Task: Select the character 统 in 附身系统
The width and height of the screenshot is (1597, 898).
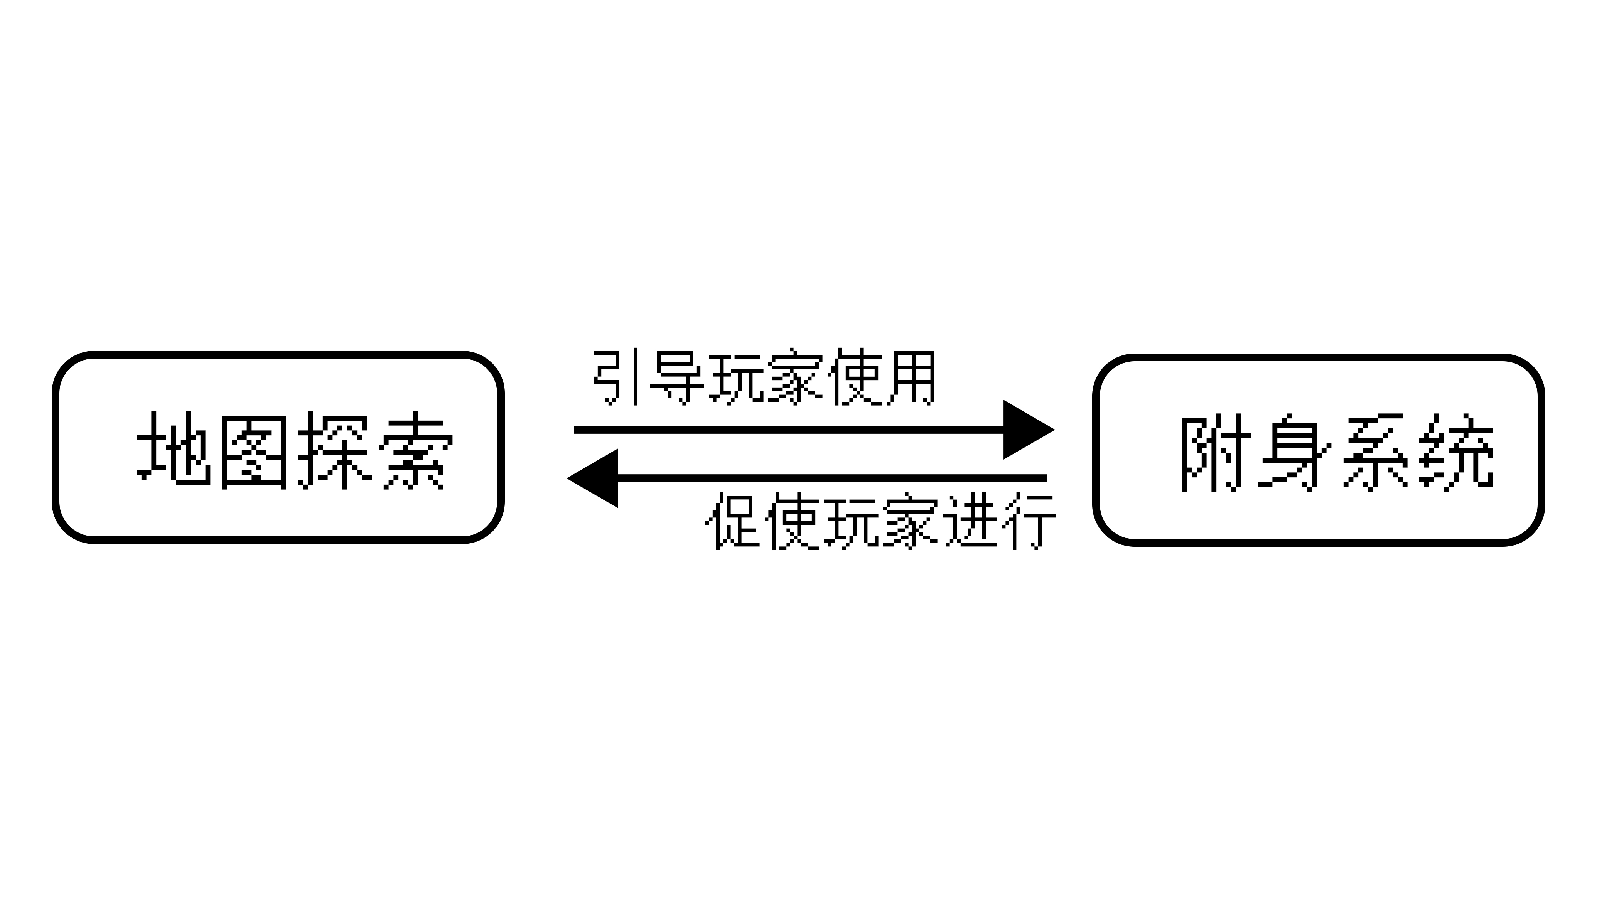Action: pyautogui.click(x=1457, y=453)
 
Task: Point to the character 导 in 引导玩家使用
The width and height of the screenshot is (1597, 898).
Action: pyautogui.click(x=676, y=378)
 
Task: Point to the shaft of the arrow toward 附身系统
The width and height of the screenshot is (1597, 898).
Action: pyautogui.click(x=789, y=430)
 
